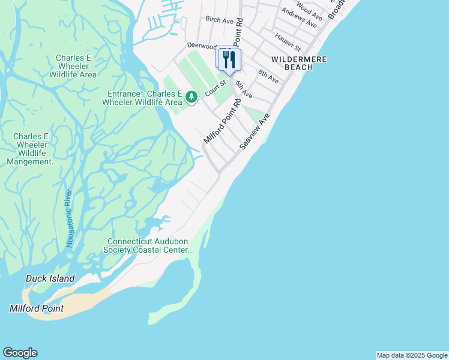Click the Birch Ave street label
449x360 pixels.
[x=218, y=20]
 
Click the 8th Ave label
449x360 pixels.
[x=268, y=76]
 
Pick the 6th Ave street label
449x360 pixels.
[x=243, y=90]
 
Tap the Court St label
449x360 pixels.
[x=214, y=88]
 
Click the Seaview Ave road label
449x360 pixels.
[x=252, y=133]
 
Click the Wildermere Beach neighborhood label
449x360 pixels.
[x=292, y=63]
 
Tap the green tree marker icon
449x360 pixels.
[x=191, y=97]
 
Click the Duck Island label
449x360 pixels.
[x=50, y=278]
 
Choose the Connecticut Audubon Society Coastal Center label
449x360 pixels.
[x=148, y=245]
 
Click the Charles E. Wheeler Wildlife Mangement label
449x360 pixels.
[x=32, y=149]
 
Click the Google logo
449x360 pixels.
[x=20, y=353]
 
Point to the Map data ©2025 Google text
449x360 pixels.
[x=412, y=355]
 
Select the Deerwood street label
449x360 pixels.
[x=201, y=45]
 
